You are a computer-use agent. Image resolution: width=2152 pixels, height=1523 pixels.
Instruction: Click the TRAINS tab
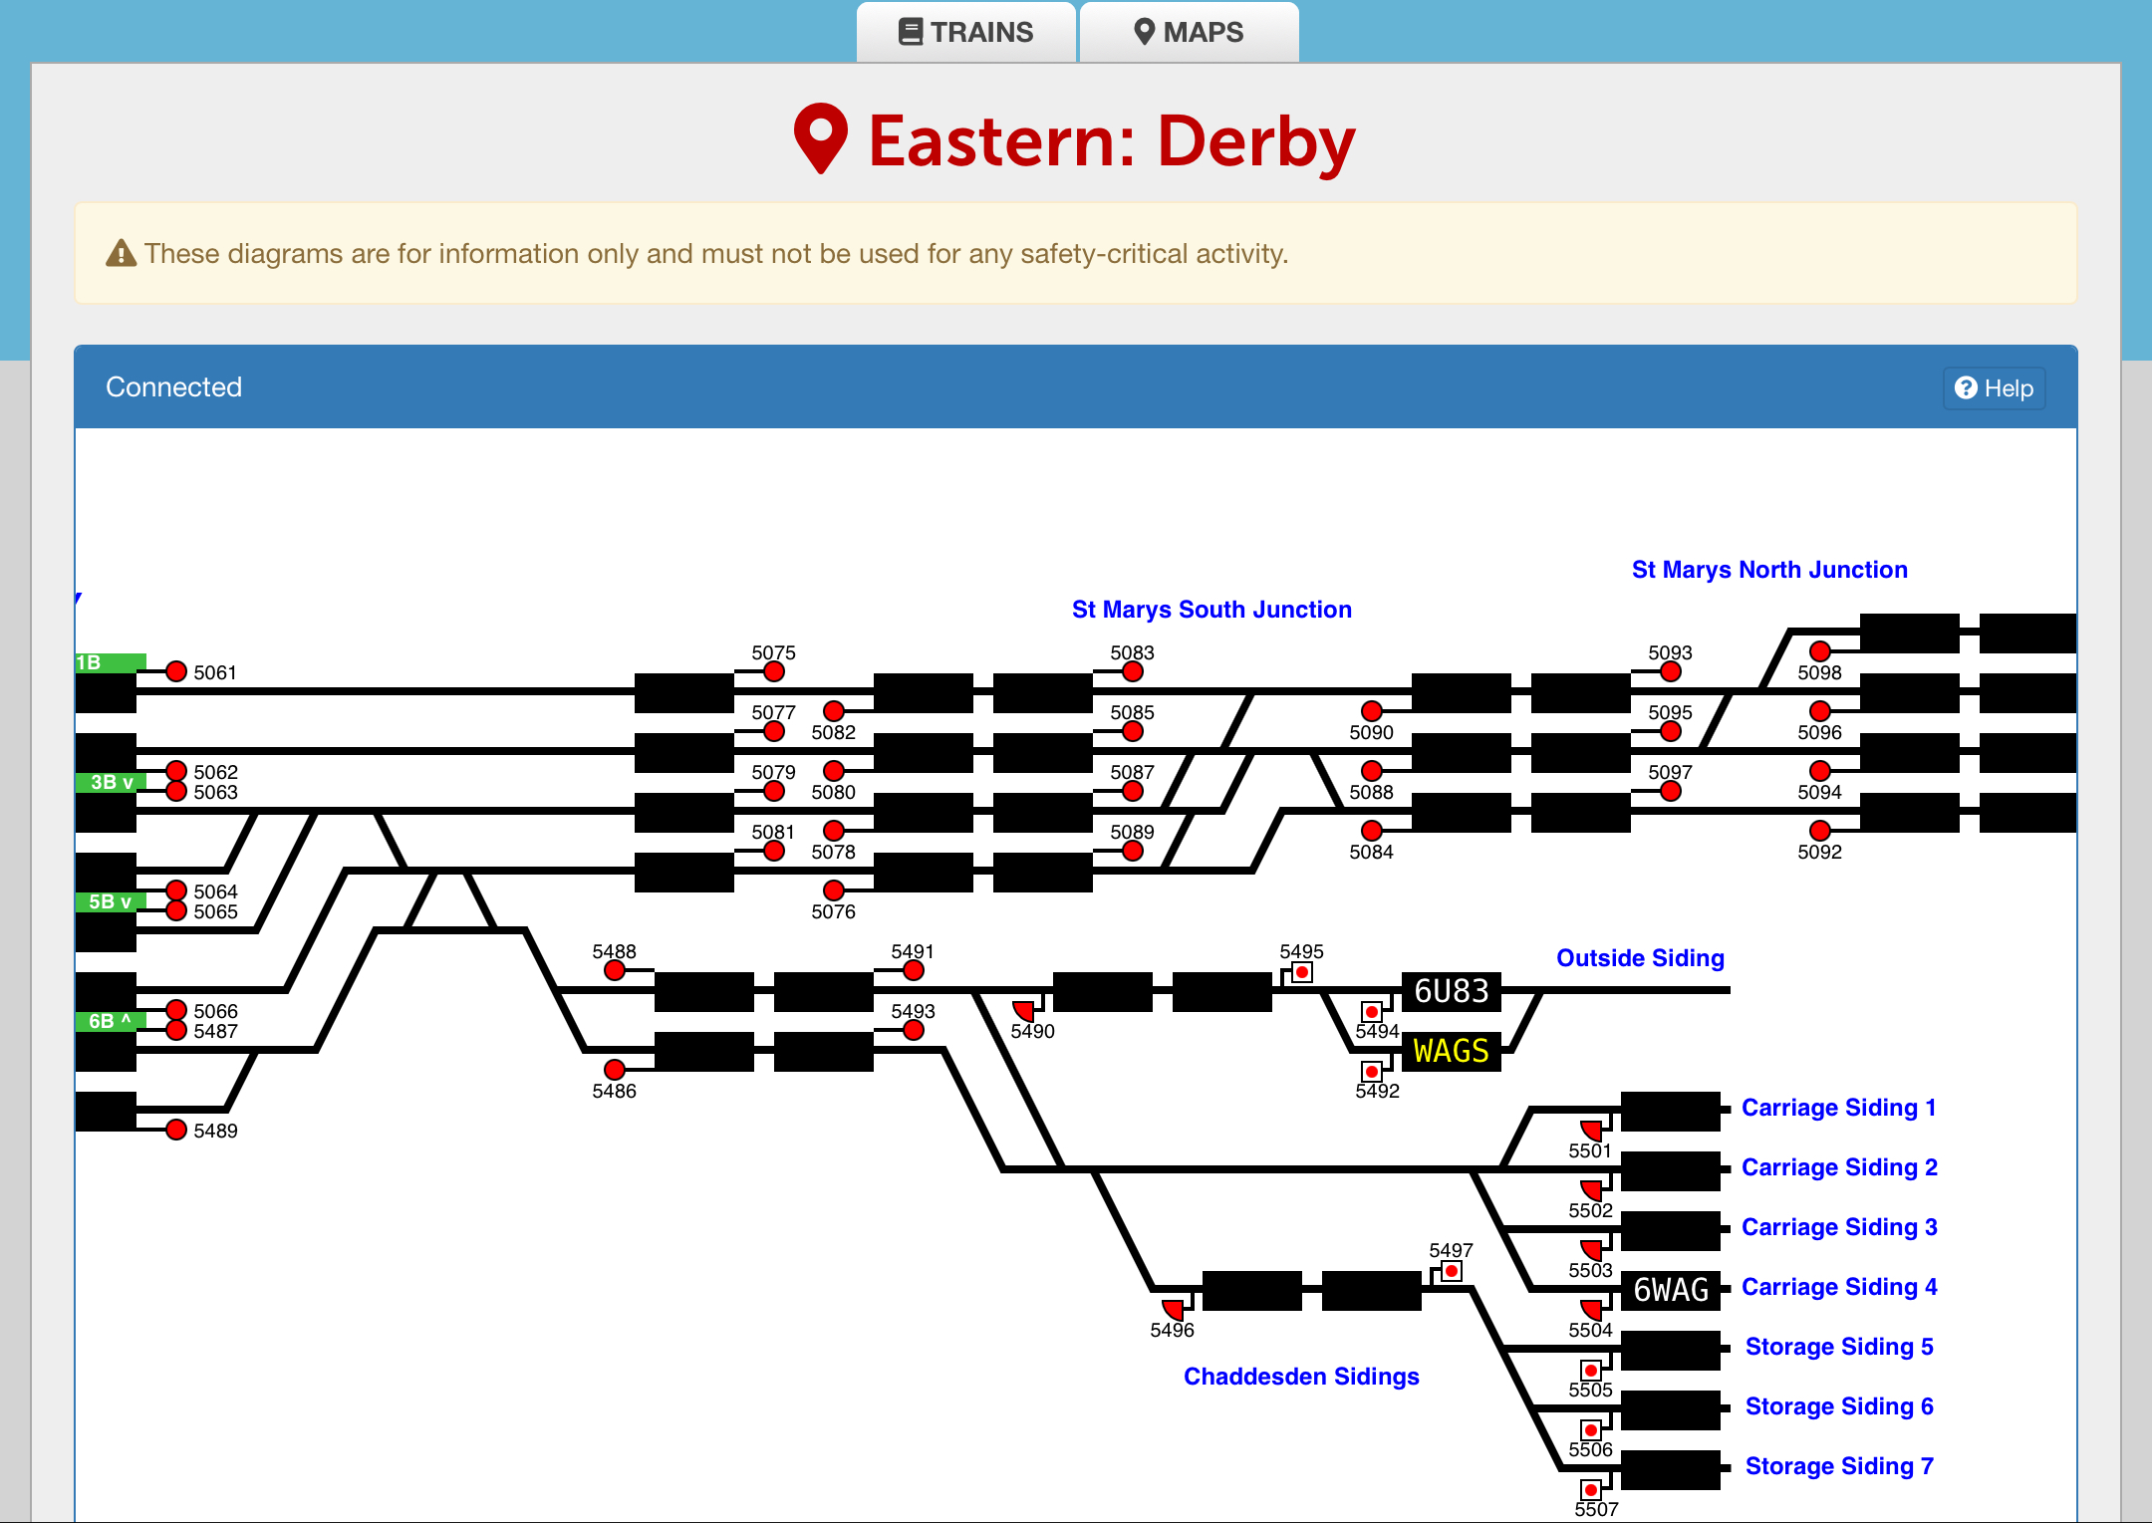click(x=965, y=32)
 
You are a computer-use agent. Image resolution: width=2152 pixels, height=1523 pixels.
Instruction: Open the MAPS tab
click(x=1189, y=32)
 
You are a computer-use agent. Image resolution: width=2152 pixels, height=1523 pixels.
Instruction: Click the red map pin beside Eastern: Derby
click(x=820, y=138)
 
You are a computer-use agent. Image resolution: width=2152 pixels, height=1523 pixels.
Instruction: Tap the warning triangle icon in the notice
click(x=121, y=253)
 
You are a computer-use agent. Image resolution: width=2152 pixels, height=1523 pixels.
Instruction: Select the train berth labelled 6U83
click(x=1451, y=991)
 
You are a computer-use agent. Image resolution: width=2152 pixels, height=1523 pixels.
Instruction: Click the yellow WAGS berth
click(x=1451, y=1051)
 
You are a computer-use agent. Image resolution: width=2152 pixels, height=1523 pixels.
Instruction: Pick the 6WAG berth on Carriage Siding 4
click(x=1671, y=1290)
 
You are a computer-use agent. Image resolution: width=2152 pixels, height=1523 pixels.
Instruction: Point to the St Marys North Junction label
click(x=1769, y=570)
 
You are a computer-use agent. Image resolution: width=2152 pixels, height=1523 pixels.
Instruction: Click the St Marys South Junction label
click(x=1211, y=610)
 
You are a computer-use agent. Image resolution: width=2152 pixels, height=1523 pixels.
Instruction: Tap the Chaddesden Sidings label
click(x=1301, y=1377)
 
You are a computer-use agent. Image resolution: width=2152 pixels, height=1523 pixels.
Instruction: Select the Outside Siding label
click(x=1640, y=958)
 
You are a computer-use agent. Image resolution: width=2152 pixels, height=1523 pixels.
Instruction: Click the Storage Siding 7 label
click(x=1839, y=1466)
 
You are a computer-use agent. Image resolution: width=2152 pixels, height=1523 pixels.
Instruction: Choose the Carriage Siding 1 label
click(x=1838, y=1108)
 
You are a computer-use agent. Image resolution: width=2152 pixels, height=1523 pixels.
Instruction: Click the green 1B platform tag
click(x=111, y=662)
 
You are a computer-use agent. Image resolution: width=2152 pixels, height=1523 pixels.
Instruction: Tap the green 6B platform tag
click(x=111, y=1021)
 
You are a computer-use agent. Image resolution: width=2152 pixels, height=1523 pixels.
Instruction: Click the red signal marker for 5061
click(x=176, y=671)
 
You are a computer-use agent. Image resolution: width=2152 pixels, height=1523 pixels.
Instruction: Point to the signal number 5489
click(x=215, y=1131)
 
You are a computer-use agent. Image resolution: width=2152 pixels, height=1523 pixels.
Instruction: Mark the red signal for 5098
click(x=1820, y=651)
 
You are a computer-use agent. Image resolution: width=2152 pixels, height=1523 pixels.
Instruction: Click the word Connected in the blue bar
click(x=173, y=387)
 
